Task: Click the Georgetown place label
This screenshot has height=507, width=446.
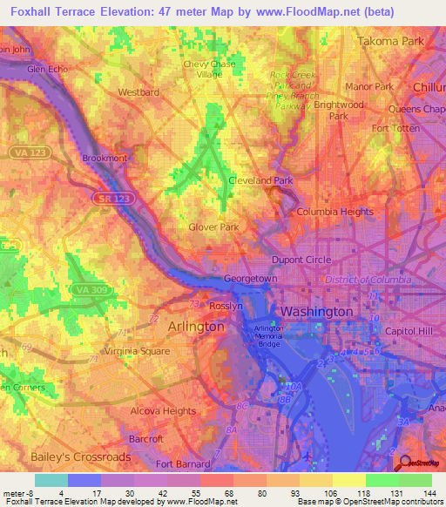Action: [x=250, y=279]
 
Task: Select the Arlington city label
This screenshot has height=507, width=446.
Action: [x=195, y=326]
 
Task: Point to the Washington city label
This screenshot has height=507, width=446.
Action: [x=315, y=311]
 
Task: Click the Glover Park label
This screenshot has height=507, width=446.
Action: [x=213, y=227]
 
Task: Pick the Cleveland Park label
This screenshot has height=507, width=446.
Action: [x=260, y=180]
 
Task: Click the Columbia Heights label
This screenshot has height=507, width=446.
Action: [x=334, y=212]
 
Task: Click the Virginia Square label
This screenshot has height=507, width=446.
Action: [x=136, y=353]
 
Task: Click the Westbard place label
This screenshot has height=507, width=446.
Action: [x=139, y=91]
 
